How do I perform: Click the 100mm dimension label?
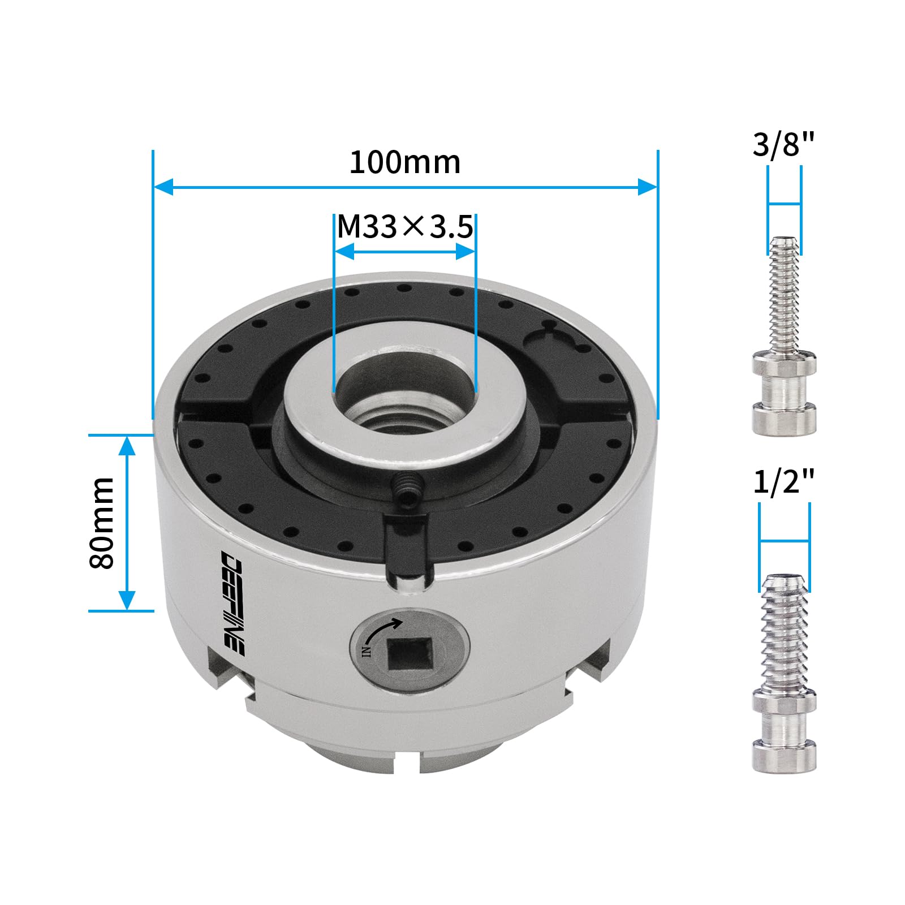pos(405,163)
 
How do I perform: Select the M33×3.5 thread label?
pos(405,227)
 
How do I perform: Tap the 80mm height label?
pos(102,523)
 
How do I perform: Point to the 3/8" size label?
pos(783,144)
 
